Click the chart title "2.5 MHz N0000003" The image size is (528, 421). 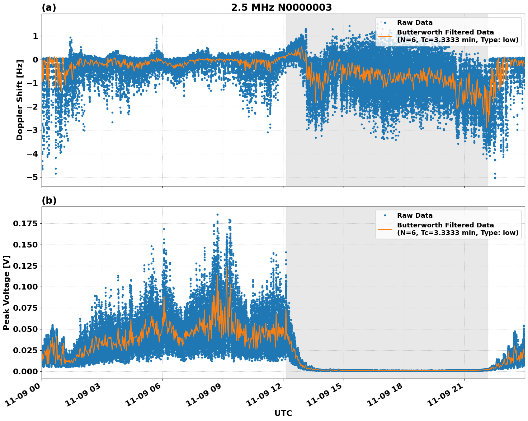(281, 8)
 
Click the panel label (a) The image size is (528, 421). (49, 8)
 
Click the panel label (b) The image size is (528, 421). (49, 200)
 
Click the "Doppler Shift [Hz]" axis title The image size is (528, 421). (20, 100)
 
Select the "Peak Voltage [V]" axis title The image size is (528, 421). (6, 292)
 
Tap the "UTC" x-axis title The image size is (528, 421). (283, 413)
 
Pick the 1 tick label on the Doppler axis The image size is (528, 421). (35, 36)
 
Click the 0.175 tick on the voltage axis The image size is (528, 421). (25, 224)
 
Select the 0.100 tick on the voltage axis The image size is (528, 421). (25, 287)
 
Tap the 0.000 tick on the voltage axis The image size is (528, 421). (25, 371)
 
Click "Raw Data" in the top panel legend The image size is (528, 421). (415, 23)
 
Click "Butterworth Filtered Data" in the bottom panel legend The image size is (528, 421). (445, 225)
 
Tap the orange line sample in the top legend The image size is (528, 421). (385, 36)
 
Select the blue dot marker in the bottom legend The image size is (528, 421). (385, 216)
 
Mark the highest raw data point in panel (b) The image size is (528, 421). (217, 214)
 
